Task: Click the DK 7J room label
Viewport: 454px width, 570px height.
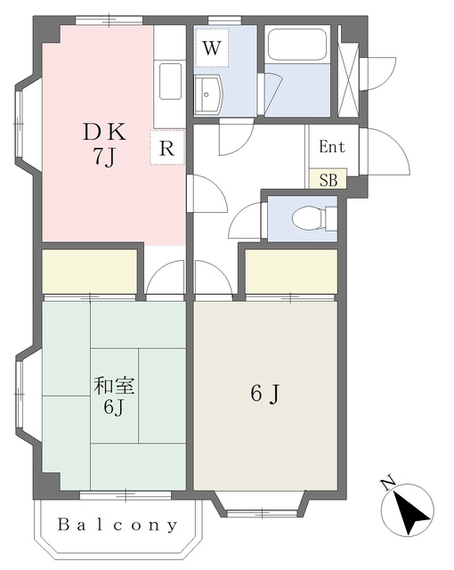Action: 105,144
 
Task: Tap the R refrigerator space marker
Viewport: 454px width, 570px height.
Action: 167,147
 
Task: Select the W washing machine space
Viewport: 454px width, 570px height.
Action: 212,47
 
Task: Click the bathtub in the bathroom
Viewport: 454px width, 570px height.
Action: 297,45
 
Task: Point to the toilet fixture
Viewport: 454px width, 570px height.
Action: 314,217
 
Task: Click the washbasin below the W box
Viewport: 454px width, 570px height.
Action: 207,95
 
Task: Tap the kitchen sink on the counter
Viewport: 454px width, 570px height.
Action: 170,82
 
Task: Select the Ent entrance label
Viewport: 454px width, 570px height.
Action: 332,146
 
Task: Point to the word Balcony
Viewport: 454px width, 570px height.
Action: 118,525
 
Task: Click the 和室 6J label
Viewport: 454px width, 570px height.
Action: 114,396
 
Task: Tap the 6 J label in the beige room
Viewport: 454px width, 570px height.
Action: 265,394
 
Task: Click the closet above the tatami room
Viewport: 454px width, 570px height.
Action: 90,271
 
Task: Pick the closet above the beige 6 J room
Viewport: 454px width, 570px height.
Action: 291,271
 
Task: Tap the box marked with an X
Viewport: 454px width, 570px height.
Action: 348,71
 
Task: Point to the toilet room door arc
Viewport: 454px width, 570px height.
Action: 242,218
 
